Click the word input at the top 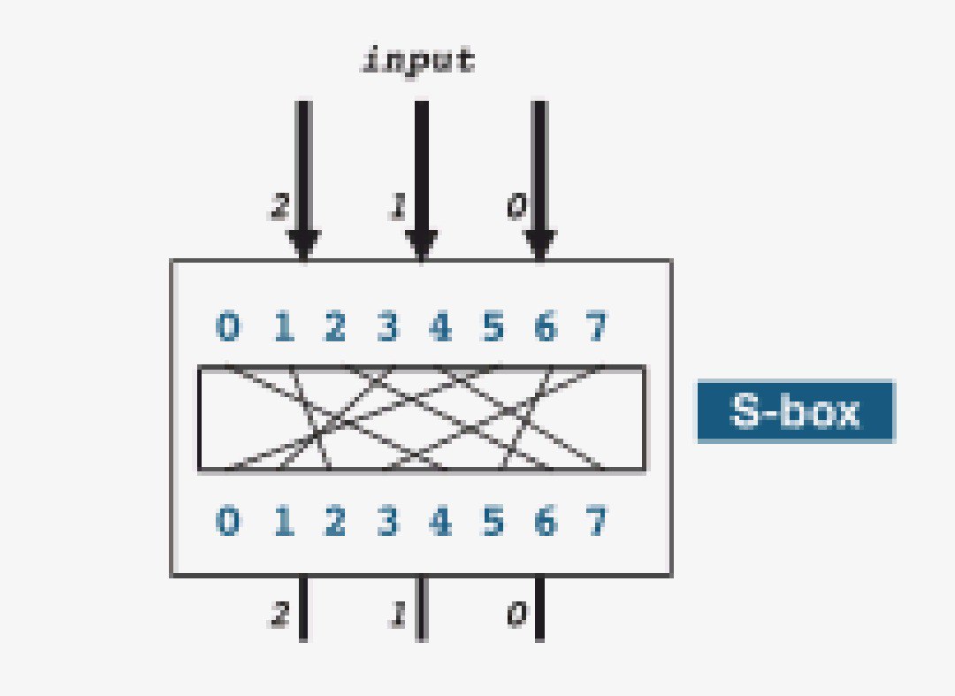click(418, 62)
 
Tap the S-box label click(796, 411)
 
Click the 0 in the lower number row click(228, 521)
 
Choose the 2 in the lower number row click(335, 521)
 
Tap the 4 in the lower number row click(440, 521)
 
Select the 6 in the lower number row click(546, 521)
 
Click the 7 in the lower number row click(597, 521)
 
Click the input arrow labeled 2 click(304, 180)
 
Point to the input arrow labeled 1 click(422, 180)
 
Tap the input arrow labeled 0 click(539, 180)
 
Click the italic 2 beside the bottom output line click(279, 614)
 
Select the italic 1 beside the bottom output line click(398, 614)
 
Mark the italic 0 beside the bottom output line click(516, 614)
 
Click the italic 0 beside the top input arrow click(516, 206)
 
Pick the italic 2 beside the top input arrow click(279, 206)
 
